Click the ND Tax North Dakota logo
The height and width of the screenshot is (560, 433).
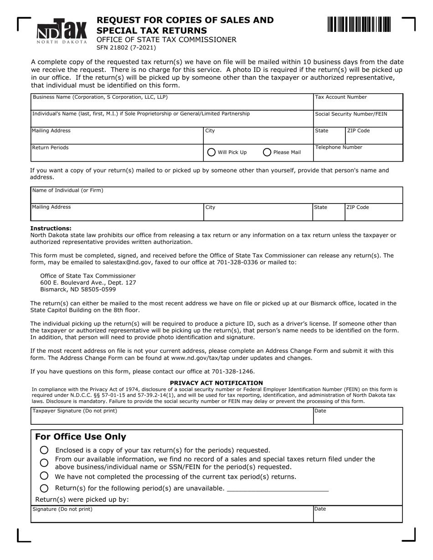pos(62,32)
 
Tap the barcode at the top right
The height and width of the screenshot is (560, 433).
pos(359,24)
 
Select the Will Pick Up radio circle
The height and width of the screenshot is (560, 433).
pos(211,153)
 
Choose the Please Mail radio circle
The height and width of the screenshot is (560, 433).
pos(267,153)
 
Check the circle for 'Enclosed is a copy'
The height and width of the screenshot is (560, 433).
pos(44,450)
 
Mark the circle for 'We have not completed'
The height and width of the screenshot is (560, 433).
pos(44,476)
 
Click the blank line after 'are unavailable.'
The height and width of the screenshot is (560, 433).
pos(277,489)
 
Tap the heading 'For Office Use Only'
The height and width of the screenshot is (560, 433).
pos(81,437)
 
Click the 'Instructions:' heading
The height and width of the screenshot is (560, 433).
pos(51,229)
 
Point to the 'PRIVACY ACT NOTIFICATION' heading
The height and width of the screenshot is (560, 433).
pos(216,383)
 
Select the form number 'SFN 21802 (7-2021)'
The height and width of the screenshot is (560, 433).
pos(126,48)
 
